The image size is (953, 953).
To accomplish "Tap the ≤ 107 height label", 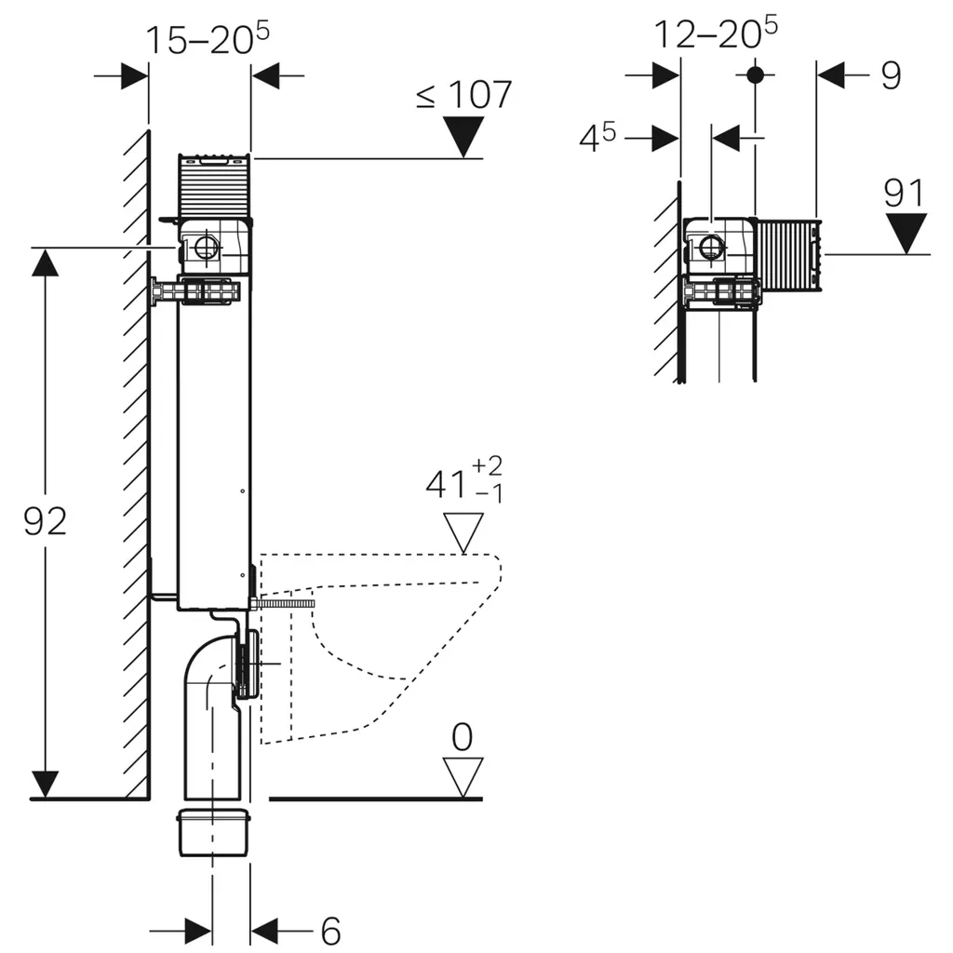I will (463, 95).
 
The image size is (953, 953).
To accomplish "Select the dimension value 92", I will (45, 521).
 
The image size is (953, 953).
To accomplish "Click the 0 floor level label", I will (463, 737).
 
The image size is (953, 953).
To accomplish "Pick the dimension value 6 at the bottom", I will (329, 930).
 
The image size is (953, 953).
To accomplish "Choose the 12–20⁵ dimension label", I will (715, 34).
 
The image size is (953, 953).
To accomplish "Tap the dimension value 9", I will (891, 76).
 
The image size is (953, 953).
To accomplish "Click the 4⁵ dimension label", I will (597, 139).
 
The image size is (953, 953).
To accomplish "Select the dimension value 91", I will (904, 195).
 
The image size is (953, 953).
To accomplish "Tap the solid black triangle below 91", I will (905, 233).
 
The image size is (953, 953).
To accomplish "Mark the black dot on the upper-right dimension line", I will (755, 74).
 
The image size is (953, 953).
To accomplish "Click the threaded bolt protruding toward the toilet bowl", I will (287, 603).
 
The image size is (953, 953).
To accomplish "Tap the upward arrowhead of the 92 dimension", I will (45, 263).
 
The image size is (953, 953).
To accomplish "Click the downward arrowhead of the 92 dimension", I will (45, 784).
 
